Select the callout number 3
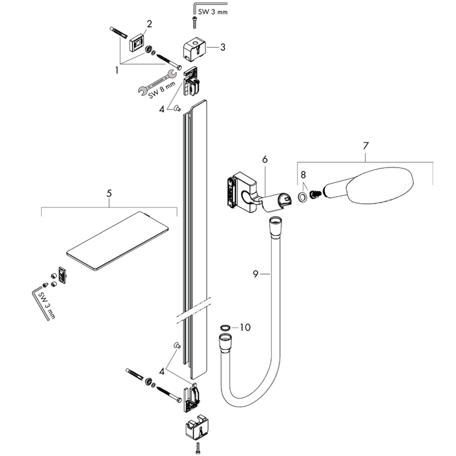click(222, 47)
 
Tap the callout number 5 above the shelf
click(109, 194)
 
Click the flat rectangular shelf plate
click(119, 239)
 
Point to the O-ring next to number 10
click(225, 328)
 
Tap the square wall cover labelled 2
click(136, 42)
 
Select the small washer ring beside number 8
click(302, 197)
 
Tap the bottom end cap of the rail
click(195, 427)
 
